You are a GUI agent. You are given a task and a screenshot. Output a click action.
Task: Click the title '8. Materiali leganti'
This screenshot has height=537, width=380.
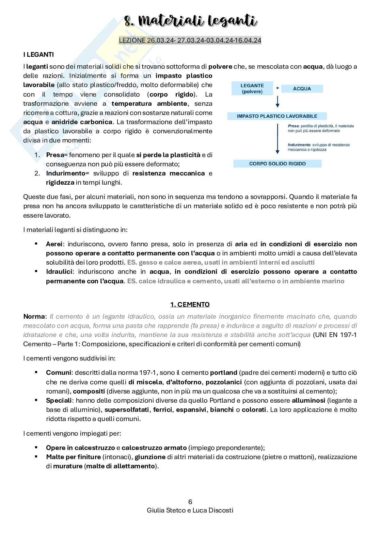190,21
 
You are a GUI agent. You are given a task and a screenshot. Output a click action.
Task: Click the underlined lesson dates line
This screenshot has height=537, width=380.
190,40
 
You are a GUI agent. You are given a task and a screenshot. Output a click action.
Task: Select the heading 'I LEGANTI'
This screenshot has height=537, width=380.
38,55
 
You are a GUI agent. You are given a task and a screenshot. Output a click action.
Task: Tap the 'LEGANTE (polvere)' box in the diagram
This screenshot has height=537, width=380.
252,88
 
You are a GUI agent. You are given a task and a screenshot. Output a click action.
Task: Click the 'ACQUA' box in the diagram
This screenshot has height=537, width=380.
302,88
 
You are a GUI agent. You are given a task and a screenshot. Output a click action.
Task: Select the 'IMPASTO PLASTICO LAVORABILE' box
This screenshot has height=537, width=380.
277,116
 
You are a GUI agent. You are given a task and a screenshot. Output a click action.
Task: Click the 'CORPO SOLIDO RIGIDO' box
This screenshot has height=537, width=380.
277,164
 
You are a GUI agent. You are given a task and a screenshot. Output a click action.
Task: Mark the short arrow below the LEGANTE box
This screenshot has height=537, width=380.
278,102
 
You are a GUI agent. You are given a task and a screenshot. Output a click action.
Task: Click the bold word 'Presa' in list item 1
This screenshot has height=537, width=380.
55,155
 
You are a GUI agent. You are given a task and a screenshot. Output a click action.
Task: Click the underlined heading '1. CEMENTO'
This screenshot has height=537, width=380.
190,304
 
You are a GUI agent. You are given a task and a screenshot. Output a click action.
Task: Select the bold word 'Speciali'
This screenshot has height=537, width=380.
59,401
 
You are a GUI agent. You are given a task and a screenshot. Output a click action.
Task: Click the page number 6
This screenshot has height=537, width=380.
190,502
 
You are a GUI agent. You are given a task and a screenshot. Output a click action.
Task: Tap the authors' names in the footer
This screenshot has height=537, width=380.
190,510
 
